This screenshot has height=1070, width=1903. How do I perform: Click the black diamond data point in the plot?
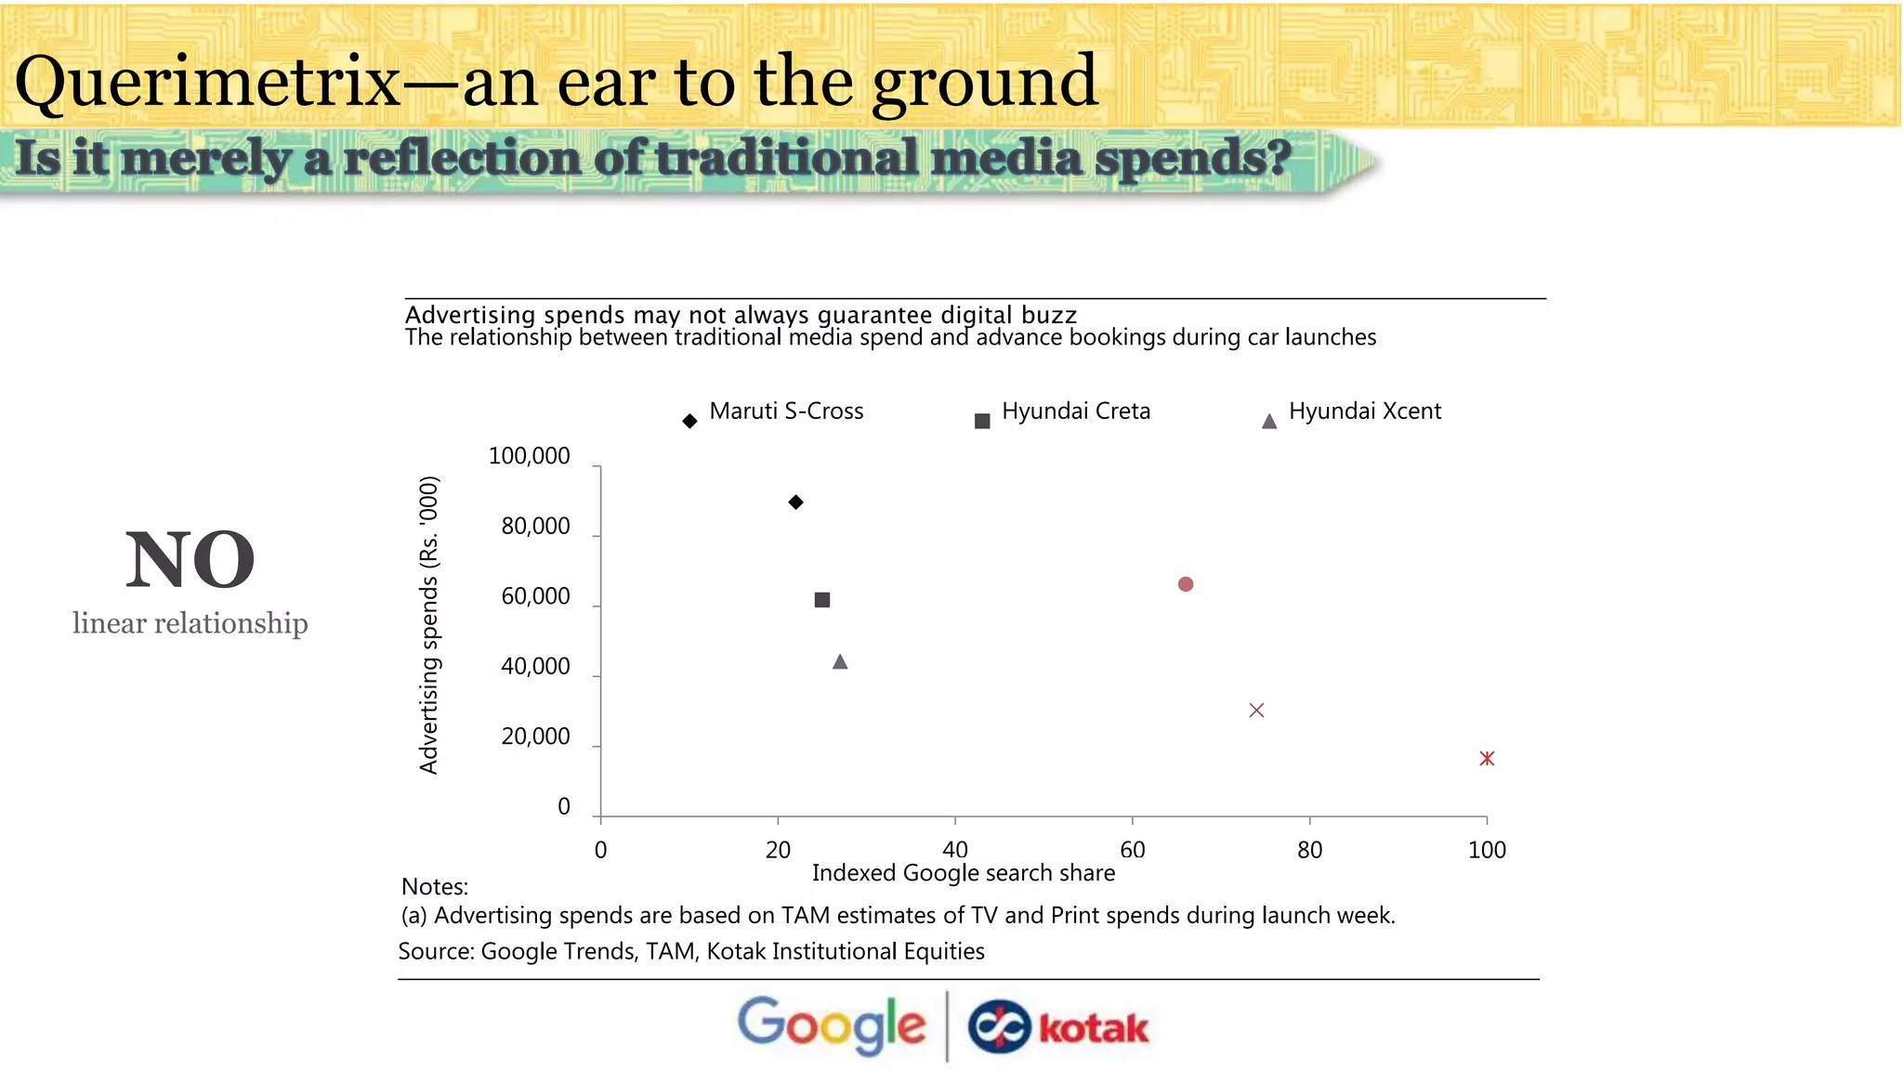click(x=795, y=502)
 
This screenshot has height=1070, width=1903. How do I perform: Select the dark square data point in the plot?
click(x=822, y=600)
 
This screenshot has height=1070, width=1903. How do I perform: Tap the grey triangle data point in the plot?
click(x=840, y=662)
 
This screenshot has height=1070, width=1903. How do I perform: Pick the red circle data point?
click(x=1186, y=584)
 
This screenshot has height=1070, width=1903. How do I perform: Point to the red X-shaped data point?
click(x=1256, y=711)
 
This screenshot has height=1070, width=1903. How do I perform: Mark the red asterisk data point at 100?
click(x=1487, y=759)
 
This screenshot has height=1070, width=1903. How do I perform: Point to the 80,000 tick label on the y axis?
click(x=535, y=527)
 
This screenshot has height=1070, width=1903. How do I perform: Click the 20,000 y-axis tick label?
click(x=535, y=737)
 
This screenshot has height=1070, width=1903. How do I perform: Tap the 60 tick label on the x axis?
click(x=1132, y=850)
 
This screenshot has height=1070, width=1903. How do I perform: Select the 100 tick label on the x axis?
click(x=1487, y=850)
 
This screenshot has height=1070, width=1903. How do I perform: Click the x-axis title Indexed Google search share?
click(x=964, y=873)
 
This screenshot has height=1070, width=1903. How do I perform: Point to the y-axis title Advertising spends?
click(x=428, y=625)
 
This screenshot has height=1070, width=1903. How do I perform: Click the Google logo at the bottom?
click(x=832, y=1026)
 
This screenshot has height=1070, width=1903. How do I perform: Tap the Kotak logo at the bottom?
click(x=1058, y=1027)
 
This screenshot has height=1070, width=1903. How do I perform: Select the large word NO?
click(x=190, y=560)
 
